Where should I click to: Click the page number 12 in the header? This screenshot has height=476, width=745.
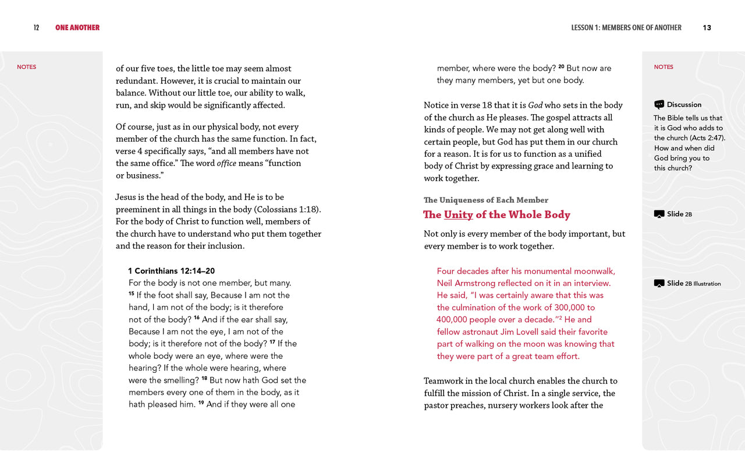pyautogui.click(x=36, y=28)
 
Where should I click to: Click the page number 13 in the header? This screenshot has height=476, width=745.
pyautogui.click(x=707, y=28)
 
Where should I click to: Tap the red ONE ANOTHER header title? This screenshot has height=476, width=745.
pyautogui.click(x=77, y=28)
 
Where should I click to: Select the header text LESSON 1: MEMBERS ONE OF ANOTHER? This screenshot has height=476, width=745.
pyautogui.click(x=626, y=28)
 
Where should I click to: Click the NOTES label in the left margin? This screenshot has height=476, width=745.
pyautogui.click(x=26, y=67)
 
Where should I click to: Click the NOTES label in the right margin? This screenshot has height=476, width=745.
pyautogui.click(x=664, y=67)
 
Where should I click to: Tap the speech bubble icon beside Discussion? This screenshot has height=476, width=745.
pyautogui.click(x=659, y=105)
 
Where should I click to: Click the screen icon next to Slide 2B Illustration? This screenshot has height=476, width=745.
pyautogui.click(x=659, y=284)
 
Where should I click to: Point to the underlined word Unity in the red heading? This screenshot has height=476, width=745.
pyautogui.click(x=458, y=215)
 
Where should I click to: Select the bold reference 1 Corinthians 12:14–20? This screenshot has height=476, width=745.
pyautogui.click(x=172, y=271)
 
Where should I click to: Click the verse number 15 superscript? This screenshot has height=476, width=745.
pyautogui.click(x=132, y=294)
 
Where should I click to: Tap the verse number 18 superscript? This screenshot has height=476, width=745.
pyautogui.click(x=204, y=379)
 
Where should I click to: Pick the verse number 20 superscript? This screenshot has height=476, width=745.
pyautogui.click(x=561, y=67)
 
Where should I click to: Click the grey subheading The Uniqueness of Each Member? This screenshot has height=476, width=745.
pyautogui.click(x=486, y=200)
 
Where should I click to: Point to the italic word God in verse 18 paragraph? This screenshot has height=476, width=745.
pyautogui.click(x=535, y=105)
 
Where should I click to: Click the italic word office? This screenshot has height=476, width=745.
pyautogui.click(x=226, y=164)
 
